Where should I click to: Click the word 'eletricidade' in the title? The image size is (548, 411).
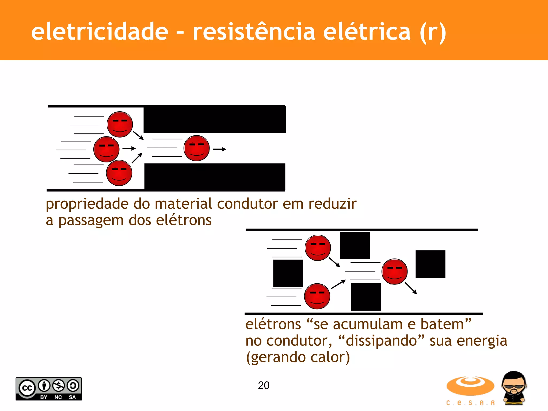(x=100, y=31)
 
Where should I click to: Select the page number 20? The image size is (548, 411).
(x=264, y=385)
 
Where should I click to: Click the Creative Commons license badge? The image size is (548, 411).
(x=49, y=389)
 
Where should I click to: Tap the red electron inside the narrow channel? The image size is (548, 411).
(x=197, y=148)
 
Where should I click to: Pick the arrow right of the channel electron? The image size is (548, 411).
(x=220, y=149)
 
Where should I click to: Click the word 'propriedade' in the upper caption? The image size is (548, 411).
(x=87, y=204)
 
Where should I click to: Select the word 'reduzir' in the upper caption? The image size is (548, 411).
(x=332, y=204)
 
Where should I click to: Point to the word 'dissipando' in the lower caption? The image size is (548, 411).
(x=381, y=341)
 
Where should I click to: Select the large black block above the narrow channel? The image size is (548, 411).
(x=215, y=119)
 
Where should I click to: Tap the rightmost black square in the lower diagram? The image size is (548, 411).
(x=430, y=264)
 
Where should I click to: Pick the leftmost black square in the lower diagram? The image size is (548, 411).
(x=288, y=273)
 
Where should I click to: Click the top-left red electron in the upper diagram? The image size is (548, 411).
(x=120, y=124)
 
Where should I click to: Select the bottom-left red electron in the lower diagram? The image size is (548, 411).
(x=317, y=296)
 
